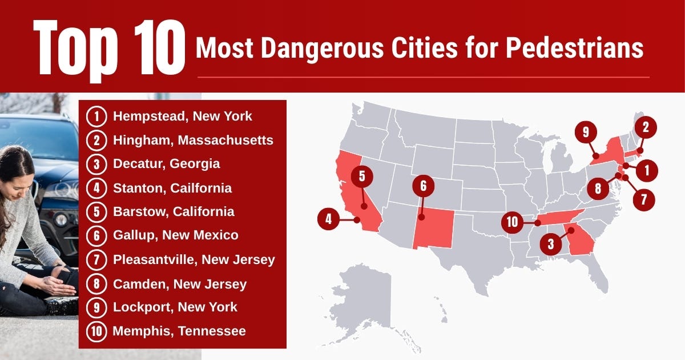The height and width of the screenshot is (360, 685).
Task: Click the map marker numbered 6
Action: coord(423,186)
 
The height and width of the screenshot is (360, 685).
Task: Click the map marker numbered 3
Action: coord(550,245)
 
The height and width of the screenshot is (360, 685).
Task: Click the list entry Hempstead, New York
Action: coord(182,117)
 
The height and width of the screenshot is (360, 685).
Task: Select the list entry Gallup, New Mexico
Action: coord(175,235)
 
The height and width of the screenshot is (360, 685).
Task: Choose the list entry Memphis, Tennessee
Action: coord(179,331)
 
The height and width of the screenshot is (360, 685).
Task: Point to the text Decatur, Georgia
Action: coord(166,164)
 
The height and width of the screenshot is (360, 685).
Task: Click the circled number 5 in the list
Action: coord(97,211)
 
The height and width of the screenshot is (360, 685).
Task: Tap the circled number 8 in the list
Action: coord(97,283)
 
